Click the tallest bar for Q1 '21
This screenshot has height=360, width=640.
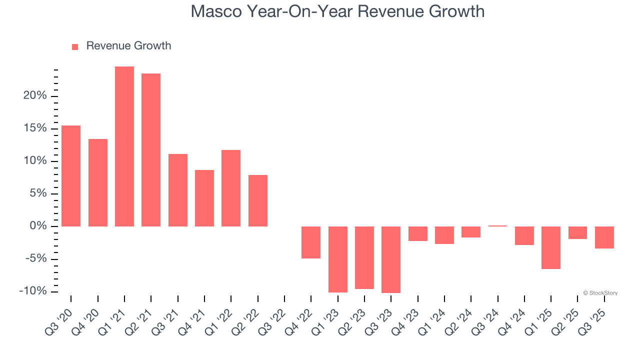124,146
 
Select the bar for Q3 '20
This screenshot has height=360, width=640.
71,176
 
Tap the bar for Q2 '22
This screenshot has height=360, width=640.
258,200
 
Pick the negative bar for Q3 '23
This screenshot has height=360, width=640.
391,259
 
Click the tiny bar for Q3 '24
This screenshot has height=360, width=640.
497,226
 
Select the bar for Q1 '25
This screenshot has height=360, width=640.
551,247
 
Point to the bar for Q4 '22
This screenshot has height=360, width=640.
311,242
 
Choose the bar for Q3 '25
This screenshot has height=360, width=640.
604,237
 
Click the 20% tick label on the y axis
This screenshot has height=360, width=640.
35,96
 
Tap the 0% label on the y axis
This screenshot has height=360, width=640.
39,226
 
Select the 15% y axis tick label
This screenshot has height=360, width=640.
35,128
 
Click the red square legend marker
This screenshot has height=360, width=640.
75,46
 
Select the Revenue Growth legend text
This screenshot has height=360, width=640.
128,46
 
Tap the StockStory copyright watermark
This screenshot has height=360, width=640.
600,293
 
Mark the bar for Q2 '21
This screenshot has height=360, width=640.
151,150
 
